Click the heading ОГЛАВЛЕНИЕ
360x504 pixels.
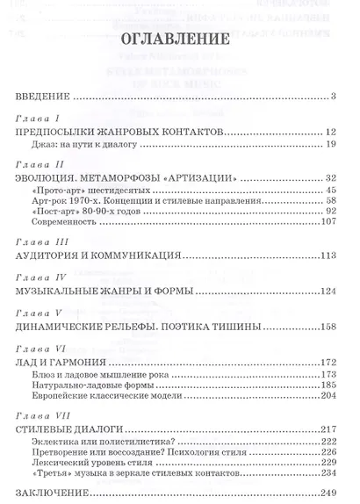[x=180, y=39]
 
